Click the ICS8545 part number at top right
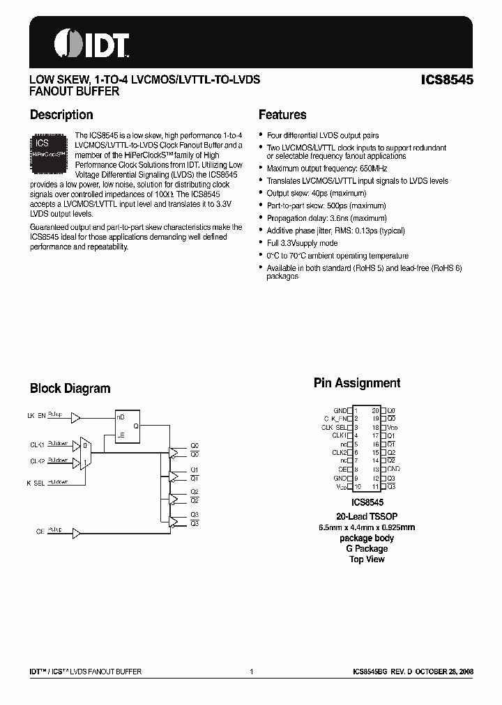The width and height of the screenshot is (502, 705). point(447,80)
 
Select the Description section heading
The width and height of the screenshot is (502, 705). point(61,115)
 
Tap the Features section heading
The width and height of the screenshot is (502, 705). point(282,115)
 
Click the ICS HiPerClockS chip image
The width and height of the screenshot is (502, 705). point(49,152)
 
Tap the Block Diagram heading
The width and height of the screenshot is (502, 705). point(70,389)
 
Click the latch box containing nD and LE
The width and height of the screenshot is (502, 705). point(129,426)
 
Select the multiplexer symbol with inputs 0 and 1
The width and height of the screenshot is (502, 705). point(84,452)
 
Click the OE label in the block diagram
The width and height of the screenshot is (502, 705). point(40,531)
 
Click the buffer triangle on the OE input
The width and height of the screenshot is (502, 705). point(76,531)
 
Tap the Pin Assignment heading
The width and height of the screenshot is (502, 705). point(357,383)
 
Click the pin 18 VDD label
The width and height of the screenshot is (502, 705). point(393,427)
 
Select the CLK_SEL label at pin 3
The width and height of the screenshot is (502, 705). point(334,427)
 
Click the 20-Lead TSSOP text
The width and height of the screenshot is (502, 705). point(367,516)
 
